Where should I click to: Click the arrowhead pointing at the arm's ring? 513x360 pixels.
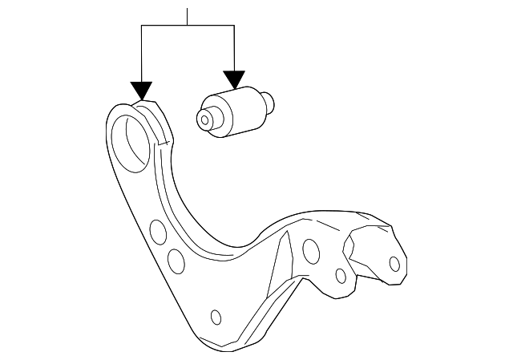point(141,90)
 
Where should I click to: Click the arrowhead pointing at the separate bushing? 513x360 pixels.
point(234,79)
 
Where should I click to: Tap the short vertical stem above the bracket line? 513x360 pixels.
point(187,17)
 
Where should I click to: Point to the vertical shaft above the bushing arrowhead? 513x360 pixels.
point(234,48)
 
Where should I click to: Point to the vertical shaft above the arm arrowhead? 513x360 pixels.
point(141,53)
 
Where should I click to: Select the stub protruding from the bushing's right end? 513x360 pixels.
point(270,102)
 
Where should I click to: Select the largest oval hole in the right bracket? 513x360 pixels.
point(309,249)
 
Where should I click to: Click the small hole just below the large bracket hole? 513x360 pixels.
point(341,277)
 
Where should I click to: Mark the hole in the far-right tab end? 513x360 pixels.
point(394,263)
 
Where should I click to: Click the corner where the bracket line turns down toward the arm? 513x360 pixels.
point(141,26)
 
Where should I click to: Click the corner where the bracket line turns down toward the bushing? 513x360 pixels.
point(234,26)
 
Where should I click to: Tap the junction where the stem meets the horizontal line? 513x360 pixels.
point(187,26)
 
